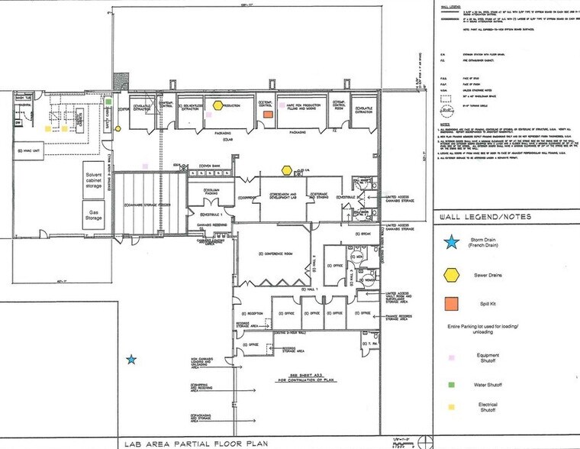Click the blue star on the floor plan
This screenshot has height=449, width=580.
(131, 358)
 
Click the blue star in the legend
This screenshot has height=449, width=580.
(452, 242)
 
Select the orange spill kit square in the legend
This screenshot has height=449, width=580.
(452, 306)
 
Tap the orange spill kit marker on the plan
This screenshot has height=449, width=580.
(268, 114)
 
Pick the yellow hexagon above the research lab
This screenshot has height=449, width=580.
(287, 170)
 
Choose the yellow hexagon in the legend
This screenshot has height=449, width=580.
(452, 274)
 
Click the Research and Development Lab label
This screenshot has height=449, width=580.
(283, 195)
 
